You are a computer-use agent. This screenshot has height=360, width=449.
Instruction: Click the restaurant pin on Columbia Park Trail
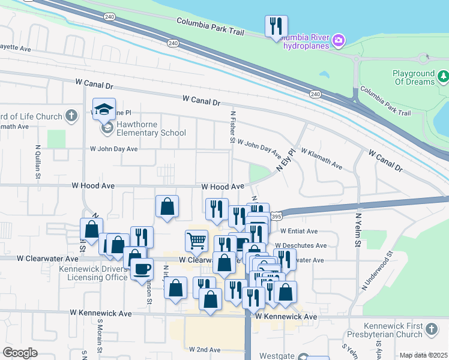coord(276,26)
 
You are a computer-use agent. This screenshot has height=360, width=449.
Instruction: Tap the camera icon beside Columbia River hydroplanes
coord(339,41)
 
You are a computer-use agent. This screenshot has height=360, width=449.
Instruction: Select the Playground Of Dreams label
coord(413,77)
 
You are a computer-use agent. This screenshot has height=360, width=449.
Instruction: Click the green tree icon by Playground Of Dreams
coord(443,76)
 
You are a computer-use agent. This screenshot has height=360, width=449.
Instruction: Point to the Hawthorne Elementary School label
coord(143,128)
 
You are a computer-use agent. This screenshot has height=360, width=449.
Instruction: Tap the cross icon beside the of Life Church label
coord(71,116)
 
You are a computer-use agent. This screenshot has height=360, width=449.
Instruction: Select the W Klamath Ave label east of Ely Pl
coord(321,158)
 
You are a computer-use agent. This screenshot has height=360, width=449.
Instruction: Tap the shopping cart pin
coord(196,241)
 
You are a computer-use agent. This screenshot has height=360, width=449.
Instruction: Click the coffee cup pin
coord(142,268)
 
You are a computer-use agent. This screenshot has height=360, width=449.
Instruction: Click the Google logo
coord(20,353)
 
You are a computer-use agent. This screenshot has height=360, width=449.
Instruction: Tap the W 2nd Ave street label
coord(205,349)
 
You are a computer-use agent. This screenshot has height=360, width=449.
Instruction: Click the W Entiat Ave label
coord(298,231)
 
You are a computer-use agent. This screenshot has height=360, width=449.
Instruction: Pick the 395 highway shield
coord(276,216)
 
